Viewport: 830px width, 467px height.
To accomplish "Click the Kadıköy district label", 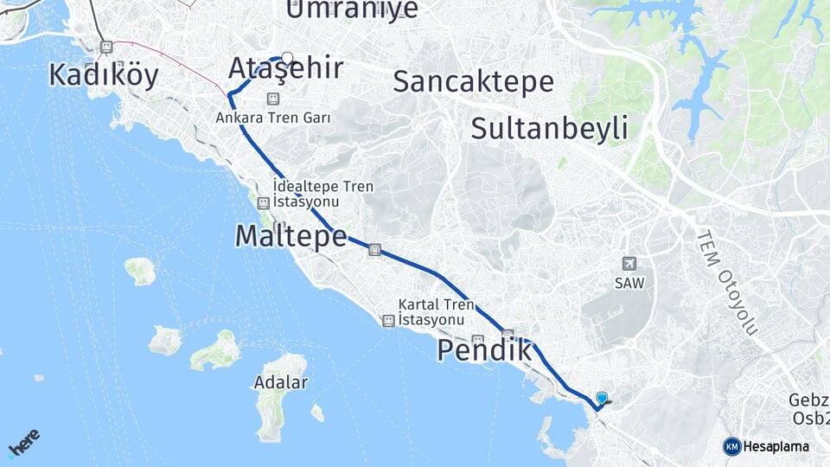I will tap(104, 75).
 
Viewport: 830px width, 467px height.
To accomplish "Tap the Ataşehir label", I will tap(285, 69).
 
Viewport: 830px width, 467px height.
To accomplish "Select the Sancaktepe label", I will tap(473, 81).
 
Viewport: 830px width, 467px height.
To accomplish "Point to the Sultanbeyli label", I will tap(549, 129).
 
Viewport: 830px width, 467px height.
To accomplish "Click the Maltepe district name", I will tap(290, 235).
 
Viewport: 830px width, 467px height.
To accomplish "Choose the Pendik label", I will tap(484, 351).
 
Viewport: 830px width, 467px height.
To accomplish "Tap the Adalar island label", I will tap(281, 381).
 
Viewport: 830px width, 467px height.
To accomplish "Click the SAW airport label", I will tap(629, 283).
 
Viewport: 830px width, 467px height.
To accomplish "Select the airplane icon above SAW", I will tap(629, 264).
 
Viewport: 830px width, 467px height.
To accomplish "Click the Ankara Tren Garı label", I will tap(273, 118).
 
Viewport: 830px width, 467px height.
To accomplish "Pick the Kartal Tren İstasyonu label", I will tap(436, 312).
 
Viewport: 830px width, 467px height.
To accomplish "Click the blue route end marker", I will tap(602, 399).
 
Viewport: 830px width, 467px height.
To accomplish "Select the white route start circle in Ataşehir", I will tap(287, 59).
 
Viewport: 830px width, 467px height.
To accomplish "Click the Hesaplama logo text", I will tap(776, 447).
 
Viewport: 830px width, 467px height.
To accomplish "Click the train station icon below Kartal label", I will tap(389, 321).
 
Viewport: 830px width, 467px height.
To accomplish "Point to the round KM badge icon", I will tap(731, 446).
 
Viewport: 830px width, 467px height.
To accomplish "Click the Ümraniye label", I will tap(351, 10).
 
